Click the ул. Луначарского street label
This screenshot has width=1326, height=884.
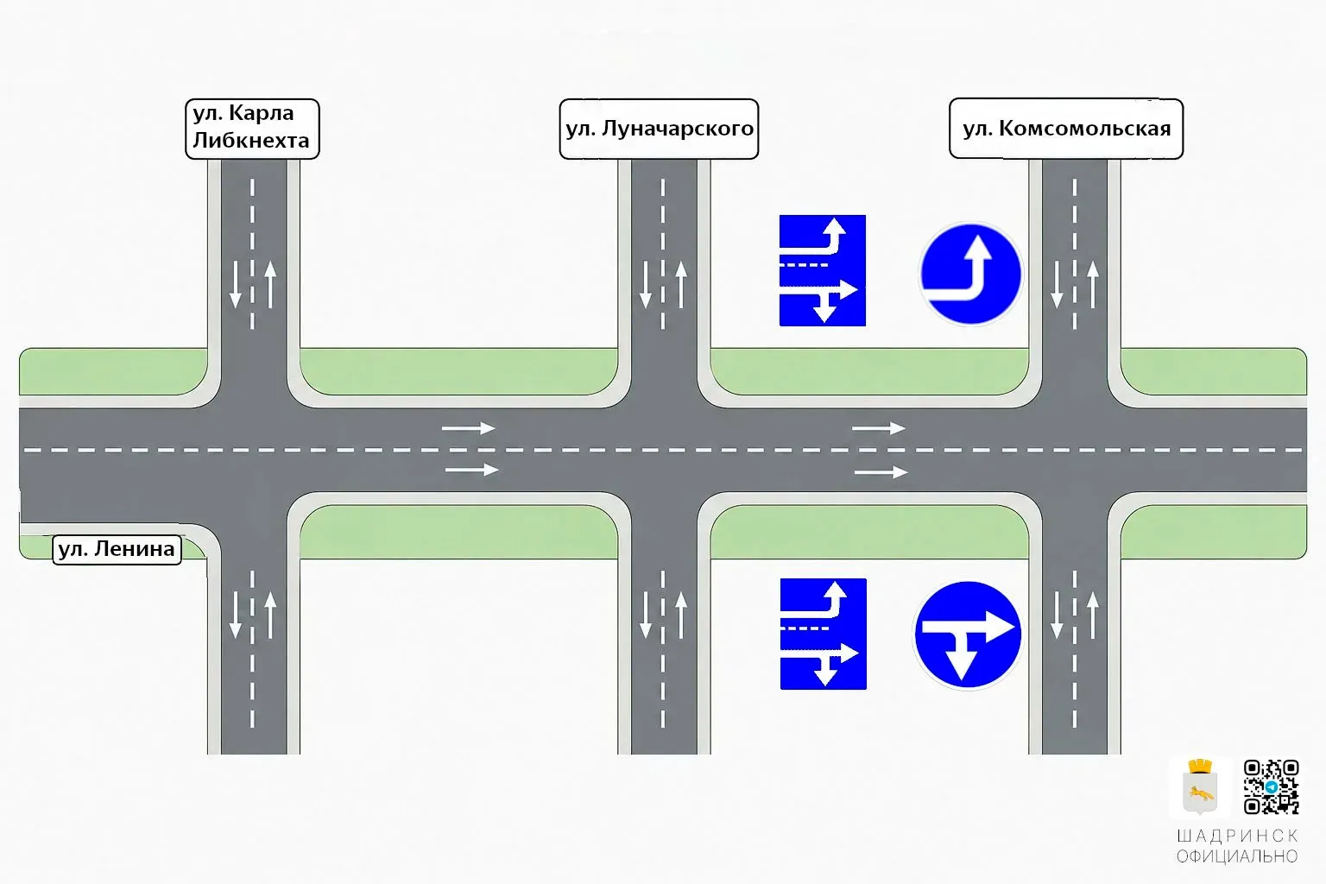[x=659, y=129]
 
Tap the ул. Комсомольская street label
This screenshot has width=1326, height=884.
[x=1066, y=129]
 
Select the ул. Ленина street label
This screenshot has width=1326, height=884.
[x=117, y=549]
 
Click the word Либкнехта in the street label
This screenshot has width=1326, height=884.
[x=251, y=141]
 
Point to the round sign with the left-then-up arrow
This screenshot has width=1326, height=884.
[x=970, y=274]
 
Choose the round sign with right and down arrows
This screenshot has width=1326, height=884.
[x=968, y=635]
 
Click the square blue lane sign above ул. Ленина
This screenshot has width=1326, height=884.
[x=822, y=270]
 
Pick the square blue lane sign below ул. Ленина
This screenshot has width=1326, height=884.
[x=823, y=634]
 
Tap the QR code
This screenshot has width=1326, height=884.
[x=1271, y=787]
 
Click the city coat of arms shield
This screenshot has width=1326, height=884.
[x=1199, y=792]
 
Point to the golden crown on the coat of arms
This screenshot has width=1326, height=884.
[x=1200, y=767]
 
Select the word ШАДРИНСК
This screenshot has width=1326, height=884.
[x=1237, y=836]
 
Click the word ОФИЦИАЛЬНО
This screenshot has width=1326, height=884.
[x=1237, y=856]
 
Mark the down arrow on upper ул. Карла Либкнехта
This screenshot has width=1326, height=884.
[x=235, y=285]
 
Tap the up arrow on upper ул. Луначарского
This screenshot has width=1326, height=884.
[x=681, y=285]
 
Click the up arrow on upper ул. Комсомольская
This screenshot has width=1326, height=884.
[x=1093, y=285]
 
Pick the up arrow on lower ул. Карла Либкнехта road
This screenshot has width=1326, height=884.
[x=270, y=615]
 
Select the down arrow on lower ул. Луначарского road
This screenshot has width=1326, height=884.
[x=645, y=615]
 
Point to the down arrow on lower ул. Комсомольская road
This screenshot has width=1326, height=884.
[x=1057, y=615]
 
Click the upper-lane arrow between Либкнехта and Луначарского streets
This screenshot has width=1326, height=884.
[x=468, y=427]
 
